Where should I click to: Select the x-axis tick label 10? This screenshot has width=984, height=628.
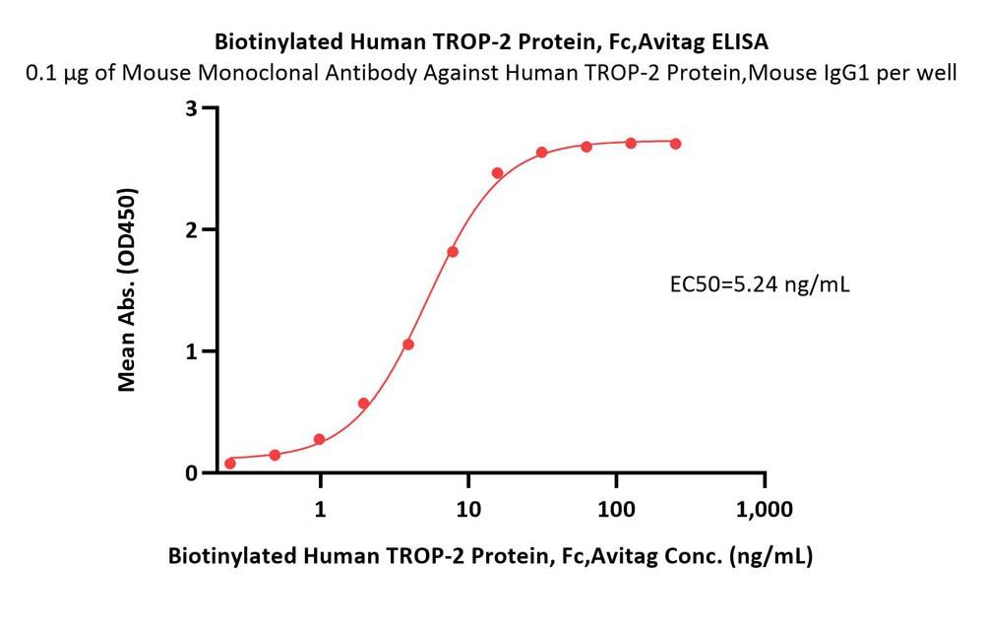click(x=468, y=510)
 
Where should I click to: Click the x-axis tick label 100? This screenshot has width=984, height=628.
click(x=616, y=510)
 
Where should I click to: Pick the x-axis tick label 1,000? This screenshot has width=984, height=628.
click(x=765, y=510)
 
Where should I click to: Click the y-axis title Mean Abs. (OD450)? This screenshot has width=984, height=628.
click(x=127, y=289)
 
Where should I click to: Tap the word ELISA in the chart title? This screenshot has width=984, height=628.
click(x=738, y=42)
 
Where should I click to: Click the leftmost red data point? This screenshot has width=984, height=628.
click(x=230, y=463)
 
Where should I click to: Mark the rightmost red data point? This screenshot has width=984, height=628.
click(x=676, y=144)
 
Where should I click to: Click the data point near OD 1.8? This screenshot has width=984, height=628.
click(x=453, y=252)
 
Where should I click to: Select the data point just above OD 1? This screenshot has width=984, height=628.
click(x=408, y=345)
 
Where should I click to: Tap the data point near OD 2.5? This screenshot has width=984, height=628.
click(x=497, y=173)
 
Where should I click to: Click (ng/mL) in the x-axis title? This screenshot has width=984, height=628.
click(x=772, y=556)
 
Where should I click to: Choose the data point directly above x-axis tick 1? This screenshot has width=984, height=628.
click(x=320, y=439)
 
